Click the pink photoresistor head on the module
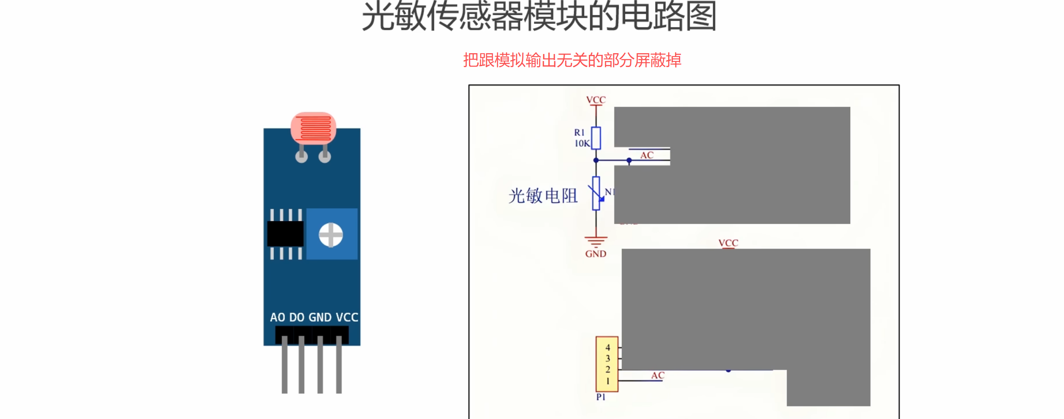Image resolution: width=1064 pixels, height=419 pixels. coord(313,128)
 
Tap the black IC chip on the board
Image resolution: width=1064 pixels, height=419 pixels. coord(285,233)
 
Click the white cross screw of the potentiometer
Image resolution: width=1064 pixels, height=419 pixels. coord(331,235)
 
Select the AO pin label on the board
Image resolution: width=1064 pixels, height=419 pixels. coord(277,317)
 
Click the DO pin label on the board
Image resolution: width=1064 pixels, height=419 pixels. coord(297,317)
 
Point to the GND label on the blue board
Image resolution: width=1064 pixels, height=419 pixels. coord(320,317)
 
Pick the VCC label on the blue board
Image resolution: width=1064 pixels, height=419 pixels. coord(347,317)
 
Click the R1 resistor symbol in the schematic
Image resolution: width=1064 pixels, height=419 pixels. coord(596,138)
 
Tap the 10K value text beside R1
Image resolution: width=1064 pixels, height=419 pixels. coord(582,144)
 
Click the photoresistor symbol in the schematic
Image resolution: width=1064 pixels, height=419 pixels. coord(596,193)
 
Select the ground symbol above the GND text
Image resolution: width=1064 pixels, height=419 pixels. coord(596,241)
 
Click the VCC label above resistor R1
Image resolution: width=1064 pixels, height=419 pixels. coord(596,100)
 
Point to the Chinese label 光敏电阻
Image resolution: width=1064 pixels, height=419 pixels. coord(543,196)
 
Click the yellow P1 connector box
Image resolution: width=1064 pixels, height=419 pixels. coord(607,364)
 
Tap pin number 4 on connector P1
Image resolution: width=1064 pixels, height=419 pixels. coord(608,348)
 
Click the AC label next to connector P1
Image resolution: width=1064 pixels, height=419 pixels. coord(658,375)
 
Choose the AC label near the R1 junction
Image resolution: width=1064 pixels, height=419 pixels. coord(647,155)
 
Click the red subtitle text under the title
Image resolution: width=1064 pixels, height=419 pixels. coord(572,60)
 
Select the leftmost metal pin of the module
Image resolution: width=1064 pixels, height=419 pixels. coord(284,365)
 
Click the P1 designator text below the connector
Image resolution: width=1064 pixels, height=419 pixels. coord(601,397)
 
